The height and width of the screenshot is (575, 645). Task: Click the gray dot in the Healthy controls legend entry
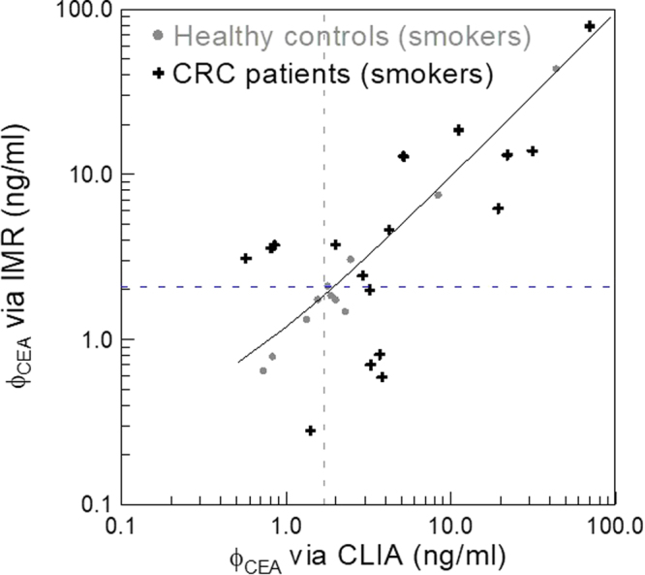[x=156, y=37]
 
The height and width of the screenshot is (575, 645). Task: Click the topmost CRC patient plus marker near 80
[x=590, y=26]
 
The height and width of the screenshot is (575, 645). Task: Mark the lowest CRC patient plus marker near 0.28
[x=311, y=431]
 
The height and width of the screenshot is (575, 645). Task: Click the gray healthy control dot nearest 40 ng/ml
[x=556, y=69]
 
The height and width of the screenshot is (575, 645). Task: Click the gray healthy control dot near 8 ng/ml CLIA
[x=438, y=195]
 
